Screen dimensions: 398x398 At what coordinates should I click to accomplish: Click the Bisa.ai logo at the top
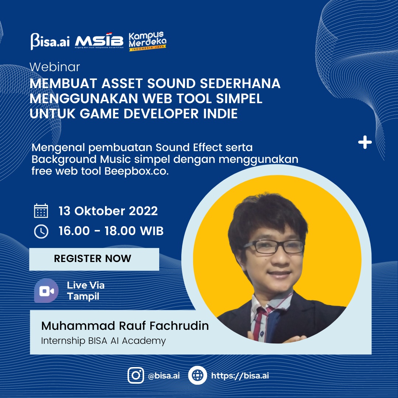pyautogui.click(x=50, y=41)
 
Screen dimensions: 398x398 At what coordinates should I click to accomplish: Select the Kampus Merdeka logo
pyautogui.click(x=147, y=41)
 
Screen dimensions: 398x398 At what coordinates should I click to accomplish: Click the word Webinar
pyautogui.click(x=55, y=67)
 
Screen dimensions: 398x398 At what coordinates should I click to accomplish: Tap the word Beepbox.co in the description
pyautogui.click(x=137, y=171)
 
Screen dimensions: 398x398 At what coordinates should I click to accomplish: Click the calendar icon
pyautogui.click(x=41, y=211)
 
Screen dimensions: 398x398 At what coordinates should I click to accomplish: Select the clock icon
pyautogui.click(x=41, y=231)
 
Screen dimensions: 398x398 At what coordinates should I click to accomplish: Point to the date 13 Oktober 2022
pyautogui.click(x=108, y=211)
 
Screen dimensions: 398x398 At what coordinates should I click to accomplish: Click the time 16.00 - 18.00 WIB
pyautogui.click(x=111, y=231)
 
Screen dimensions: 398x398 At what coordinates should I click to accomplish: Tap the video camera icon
pyautogui.click(x=46, y=291)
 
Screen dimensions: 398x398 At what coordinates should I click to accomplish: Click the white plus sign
pyautogui.click(x=365, y=142)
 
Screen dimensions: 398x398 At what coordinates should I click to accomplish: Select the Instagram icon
pyautogui.click(x=136, y=375)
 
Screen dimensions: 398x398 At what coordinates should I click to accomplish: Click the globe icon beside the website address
pyautogui.click(x=198, y=375)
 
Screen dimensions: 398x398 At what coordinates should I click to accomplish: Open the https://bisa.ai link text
pyautogui.click(x=240, y=376)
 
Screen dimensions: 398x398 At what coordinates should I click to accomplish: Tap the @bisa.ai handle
pyautogui.click(x=164, y=376)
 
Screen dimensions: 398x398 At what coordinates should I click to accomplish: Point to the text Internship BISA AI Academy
pyautogui.click(x=104, y=341)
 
